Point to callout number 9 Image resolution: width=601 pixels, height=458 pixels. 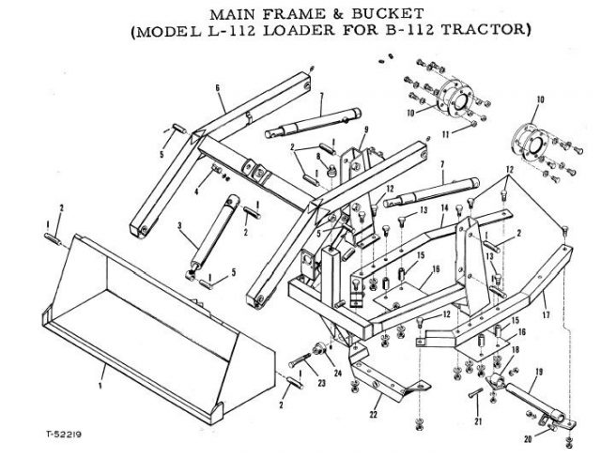point(365,129)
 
